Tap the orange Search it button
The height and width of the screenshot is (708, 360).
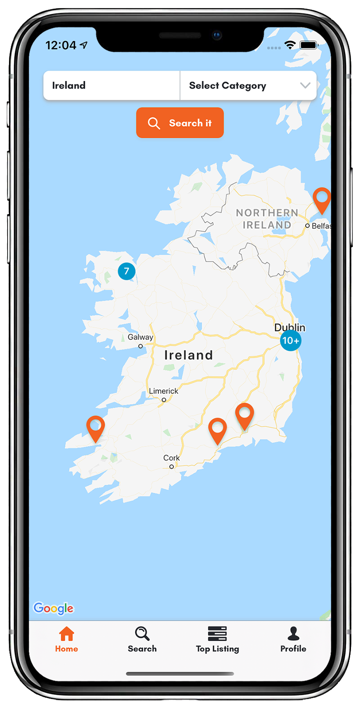tap(180, 123)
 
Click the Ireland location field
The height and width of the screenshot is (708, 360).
tap(111, 85)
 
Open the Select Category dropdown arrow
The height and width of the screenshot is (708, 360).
tap(305, 85)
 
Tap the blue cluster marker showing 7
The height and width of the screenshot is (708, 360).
tap(126, 271)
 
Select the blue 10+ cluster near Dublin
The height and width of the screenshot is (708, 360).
tap(290, 341)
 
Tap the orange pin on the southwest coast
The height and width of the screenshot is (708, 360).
tap(95, 428)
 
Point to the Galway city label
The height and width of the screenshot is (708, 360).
tap(140, 337)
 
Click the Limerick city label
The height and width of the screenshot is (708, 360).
tap(164, 391)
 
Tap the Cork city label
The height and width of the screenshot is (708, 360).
tap(171, 458)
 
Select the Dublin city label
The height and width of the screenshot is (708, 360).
tap(290, 327)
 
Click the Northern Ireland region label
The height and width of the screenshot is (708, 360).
tap(267, 219)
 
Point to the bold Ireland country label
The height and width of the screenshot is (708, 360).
tap(189, 355)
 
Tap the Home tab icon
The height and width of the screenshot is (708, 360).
tap(67, 634)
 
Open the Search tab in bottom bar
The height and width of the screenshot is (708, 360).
tap(142, 639)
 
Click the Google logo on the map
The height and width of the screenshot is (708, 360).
tap(54, 608)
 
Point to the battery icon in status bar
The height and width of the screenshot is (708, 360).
tap(309, 45)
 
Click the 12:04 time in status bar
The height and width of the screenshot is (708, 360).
tap(61, 45)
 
